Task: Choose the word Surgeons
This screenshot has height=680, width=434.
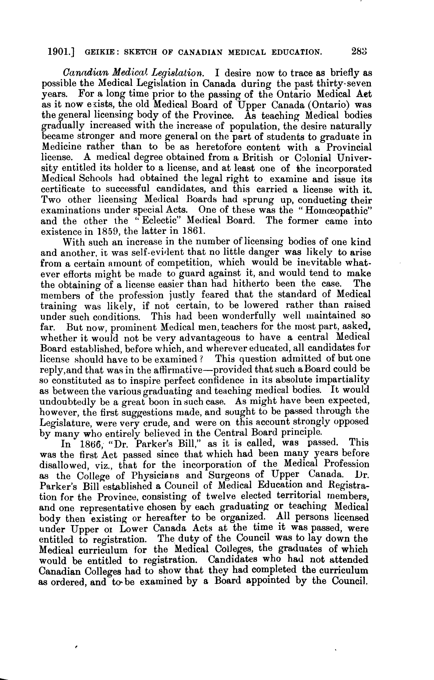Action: point(229,475)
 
